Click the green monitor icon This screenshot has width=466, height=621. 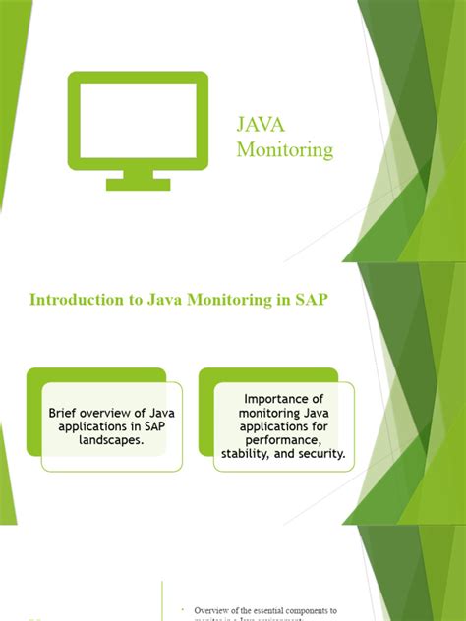point(138,123)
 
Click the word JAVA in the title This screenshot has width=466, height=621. point(261,125)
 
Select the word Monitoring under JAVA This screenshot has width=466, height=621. point(284,150)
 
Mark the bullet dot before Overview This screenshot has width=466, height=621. point(183,609)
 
